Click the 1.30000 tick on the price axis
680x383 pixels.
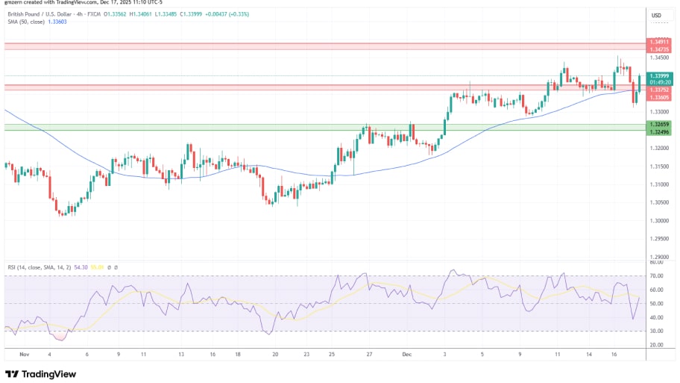coord(658,221)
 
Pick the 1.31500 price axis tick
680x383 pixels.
coord(658,184)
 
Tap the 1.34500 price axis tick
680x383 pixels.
coord(658,57)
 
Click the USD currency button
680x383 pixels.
coord(657,16)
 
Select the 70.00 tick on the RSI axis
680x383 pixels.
coord(656,276)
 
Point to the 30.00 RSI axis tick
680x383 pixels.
coord(656,331)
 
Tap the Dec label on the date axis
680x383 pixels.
coord(407,355)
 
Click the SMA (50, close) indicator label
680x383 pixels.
coord(26,22)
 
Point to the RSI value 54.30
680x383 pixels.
coord(81,267)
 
